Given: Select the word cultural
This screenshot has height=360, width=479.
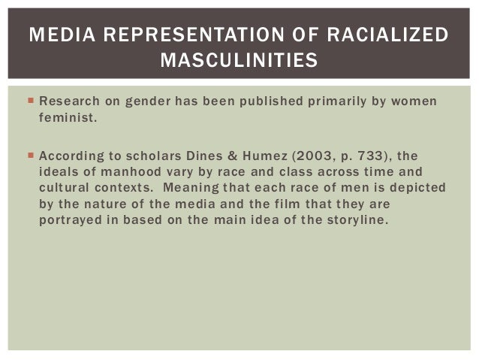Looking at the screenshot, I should coord(63,187).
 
